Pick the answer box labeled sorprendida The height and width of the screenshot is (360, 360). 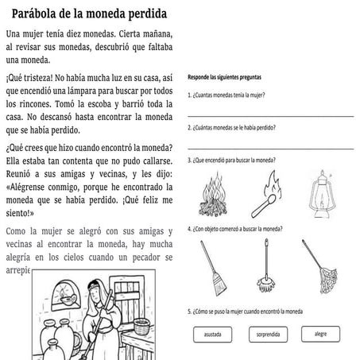tap(268, 334)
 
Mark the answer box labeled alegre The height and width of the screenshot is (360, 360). tap(321, 333)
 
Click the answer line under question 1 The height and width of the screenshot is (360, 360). tap(270, 116)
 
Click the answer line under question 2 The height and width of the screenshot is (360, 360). tap(270, 147)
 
